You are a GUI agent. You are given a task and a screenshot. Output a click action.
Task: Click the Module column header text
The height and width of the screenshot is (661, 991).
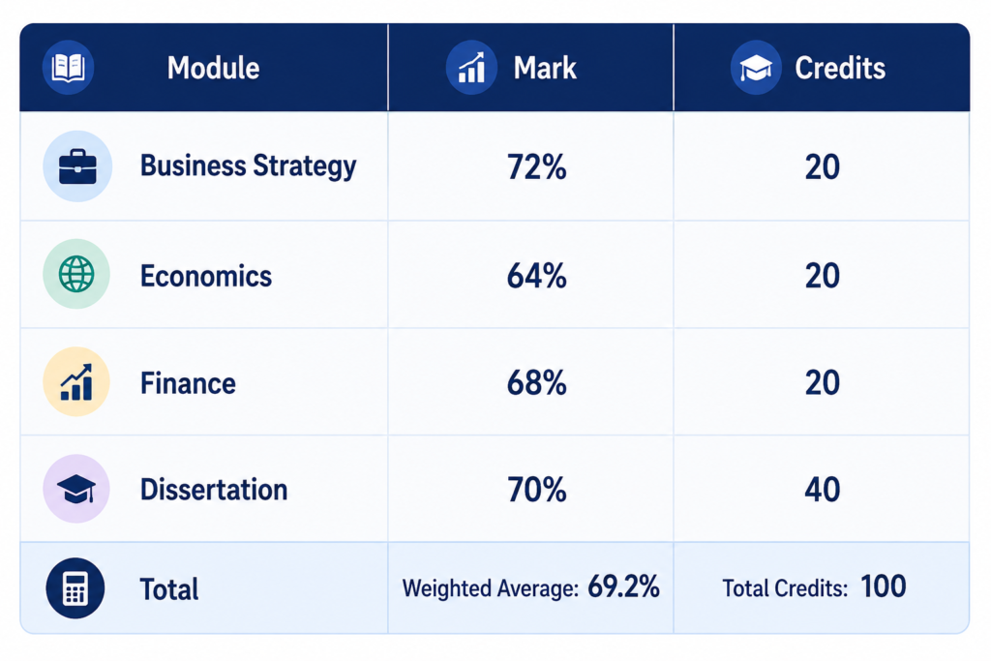coord(213,68)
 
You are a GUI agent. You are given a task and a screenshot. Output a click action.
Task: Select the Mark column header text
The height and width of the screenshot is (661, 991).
coord(545,68)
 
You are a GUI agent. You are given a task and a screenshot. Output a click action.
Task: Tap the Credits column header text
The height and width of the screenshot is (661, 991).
coord(840,68)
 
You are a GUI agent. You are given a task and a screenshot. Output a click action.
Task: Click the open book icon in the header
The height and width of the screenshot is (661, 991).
coord(69,67)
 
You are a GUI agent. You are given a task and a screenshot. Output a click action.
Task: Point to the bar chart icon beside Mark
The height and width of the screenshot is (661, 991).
coord(471,68)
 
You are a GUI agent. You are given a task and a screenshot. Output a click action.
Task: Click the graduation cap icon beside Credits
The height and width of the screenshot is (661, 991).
coord(756,68)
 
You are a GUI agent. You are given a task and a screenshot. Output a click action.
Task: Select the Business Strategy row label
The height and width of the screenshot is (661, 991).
coord(249,166)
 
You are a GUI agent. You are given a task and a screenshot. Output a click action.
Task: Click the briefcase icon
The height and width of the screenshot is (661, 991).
coord(77,166)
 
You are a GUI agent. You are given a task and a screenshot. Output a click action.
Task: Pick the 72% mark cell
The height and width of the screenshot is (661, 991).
coord(536,166)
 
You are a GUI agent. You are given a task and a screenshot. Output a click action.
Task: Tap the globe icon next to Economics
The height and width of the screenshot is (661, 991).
coord(76,274)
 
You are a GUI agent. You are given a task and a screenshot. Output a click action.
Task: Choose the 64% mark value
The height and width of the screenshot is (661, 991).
coord(536,276)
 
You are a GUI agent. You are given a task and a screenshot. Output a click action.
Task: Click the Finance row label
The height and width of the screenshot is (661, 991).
coord(188,383)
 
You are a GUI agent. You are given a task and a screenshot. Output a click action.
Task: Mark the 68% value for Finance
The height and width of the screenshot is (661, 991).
coord(536,383)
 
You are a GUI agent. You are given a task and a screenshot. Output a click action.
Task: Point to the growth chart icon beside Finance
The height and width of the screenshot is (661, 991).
coord(76,381)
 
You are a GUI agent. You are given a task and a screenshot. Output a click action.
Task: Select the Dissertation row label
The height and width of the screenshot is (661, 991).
coord(214,490)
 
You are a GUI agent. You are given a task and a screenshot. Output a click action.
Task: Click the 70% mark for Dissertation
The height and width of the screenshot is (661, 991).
coord(536,490)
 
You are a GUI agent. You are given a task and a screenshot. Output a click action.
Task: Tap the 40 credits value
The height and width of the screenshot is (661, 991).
coord(823,490)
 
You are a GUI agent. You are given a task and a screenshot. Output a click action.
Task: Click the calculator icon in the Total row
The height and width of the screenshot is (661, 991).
coord(75,588)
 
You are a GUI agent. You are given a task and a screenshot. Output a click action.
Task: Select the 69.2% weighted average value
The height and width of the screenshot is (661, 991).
coord(624,586)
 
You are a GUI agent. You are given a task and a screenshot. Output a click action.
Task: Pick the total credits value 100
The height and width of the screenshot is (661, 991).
coord(884,586)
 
